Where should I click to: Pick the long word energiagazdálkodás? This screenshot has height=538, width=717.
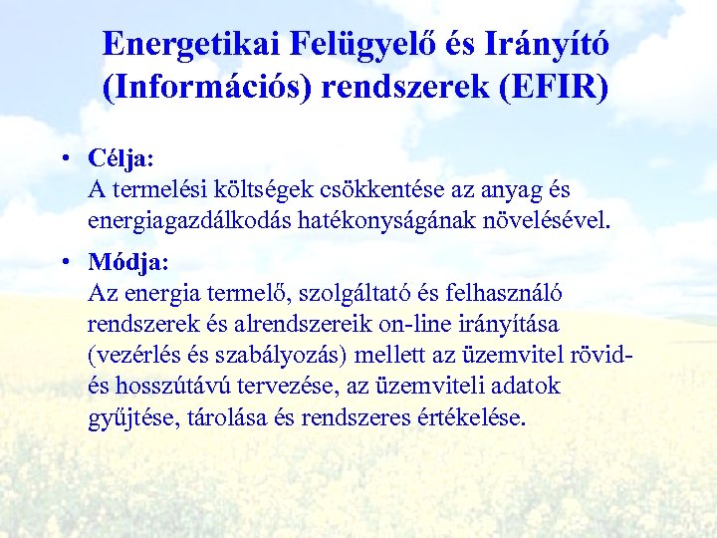pyautogui.click(x=189, y=218)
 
